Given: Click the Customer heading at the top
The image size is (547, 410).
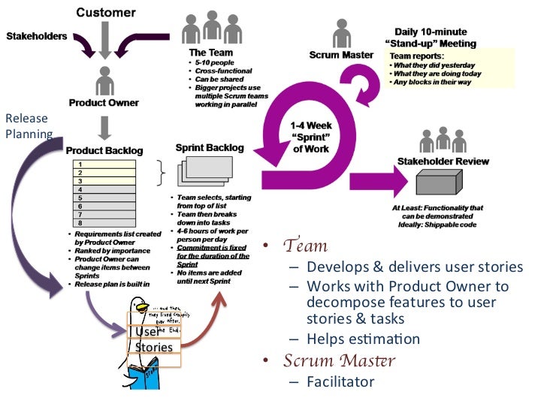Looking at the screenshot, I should point(105,12).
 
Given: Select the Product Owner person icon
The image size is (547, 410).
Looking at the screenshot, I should point(105,80).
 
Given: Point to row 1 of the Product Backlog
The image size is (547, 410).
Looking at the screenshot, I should point(113,164).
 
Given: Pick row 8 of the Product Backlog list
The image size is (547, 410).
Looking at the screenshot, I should point(113,223).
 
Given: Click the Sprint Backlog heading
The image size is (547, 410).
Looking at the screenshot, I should point(210,148).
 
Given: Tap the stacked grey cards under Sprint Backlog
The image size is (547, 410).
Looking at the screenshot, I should point(200,174).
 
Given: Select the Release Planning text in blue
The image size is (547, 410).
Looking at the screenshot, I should point(26,126).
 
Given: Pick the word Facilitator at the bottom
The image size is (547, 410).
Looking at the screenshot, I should point(340,381).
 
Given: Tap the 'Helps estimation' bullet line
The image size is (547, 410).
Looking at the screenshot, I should point(363,339).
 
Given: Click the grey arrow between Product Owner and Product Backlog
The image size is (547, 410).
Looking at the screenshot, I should point(105,128).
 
